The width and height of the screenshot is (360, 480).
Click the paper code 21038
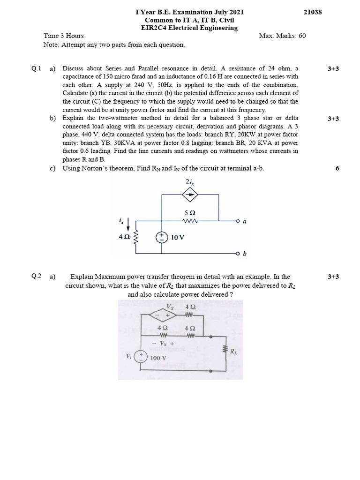coord(313,12)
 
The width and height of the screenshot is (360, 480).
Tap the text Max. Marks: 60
coord(282,36)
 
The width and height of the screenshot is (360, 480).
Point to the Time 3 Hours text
coord(64,36)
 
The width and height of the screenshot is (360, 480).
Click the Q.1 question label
coord(37,68)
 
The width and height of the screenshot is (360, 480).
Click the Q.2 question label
coord(37,277)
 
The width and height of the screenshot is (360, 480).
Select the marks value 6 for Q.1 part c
coord(337,168)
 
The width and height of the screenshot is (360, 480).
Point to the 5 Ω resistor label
coord(190,212)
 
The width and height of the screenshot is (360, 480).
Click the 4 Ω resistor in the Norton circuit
coord(136,237)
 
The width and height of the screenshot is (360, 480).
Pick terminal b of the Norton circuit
coord(238,254)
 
